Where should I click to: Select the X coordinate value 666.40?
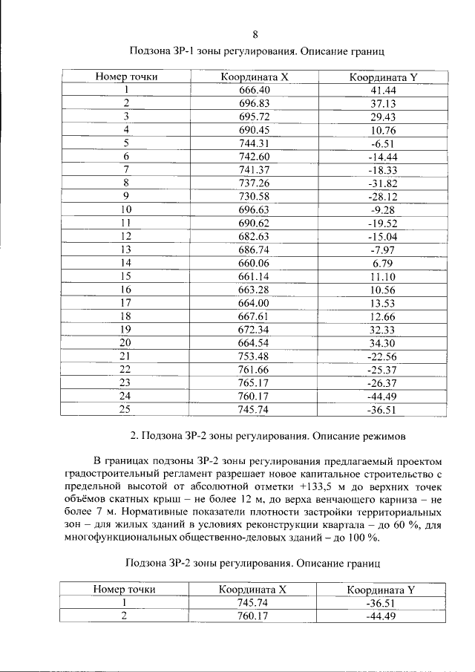[254, 90]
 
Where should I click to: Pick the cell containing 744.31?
[254, 143]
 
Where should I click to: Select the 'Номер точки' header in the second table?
[124, 590]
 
